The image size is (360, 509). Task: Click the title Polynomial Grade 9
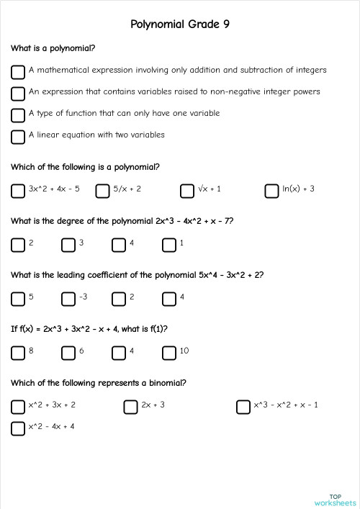(180, 24)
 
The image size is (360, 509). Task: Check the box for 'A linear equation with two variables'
(18, 137)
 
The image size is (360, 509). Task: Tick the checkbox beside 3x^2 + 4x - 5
(18, 191)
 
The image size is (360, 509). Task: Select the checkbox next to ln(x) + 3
(271, 191)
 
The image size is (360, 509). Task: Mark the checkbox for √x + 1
(187, 191)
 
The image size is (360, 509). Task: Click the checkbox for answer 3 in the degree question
(68, 245)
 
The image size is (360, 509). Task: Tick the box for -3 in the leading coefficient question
(68, 299)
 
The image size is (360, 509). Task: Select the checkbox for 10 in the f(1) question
(169, 353)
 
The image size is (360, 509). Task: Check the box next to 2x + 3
(130, 407)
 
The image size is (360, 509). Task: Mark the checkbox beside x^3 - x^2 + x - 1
(243, 407)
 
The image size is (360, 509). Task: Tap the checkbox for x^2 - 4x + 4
(18, 428)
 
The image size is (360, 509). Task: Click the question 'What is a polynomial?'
(53, 48)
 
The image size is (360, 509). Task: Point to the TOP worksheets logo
(335, 499)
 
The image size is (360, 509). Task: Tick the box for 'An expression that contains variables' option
(18, 94)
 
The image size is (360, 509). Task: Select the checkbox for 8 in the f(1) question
(18, 353)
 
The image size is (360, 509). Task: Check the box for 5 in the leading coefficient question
(18, 299)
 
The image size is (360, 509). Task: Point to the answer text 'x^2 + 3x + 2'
(52, 405)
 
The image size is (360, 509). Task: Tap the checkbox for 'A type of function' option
(18, 115)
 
